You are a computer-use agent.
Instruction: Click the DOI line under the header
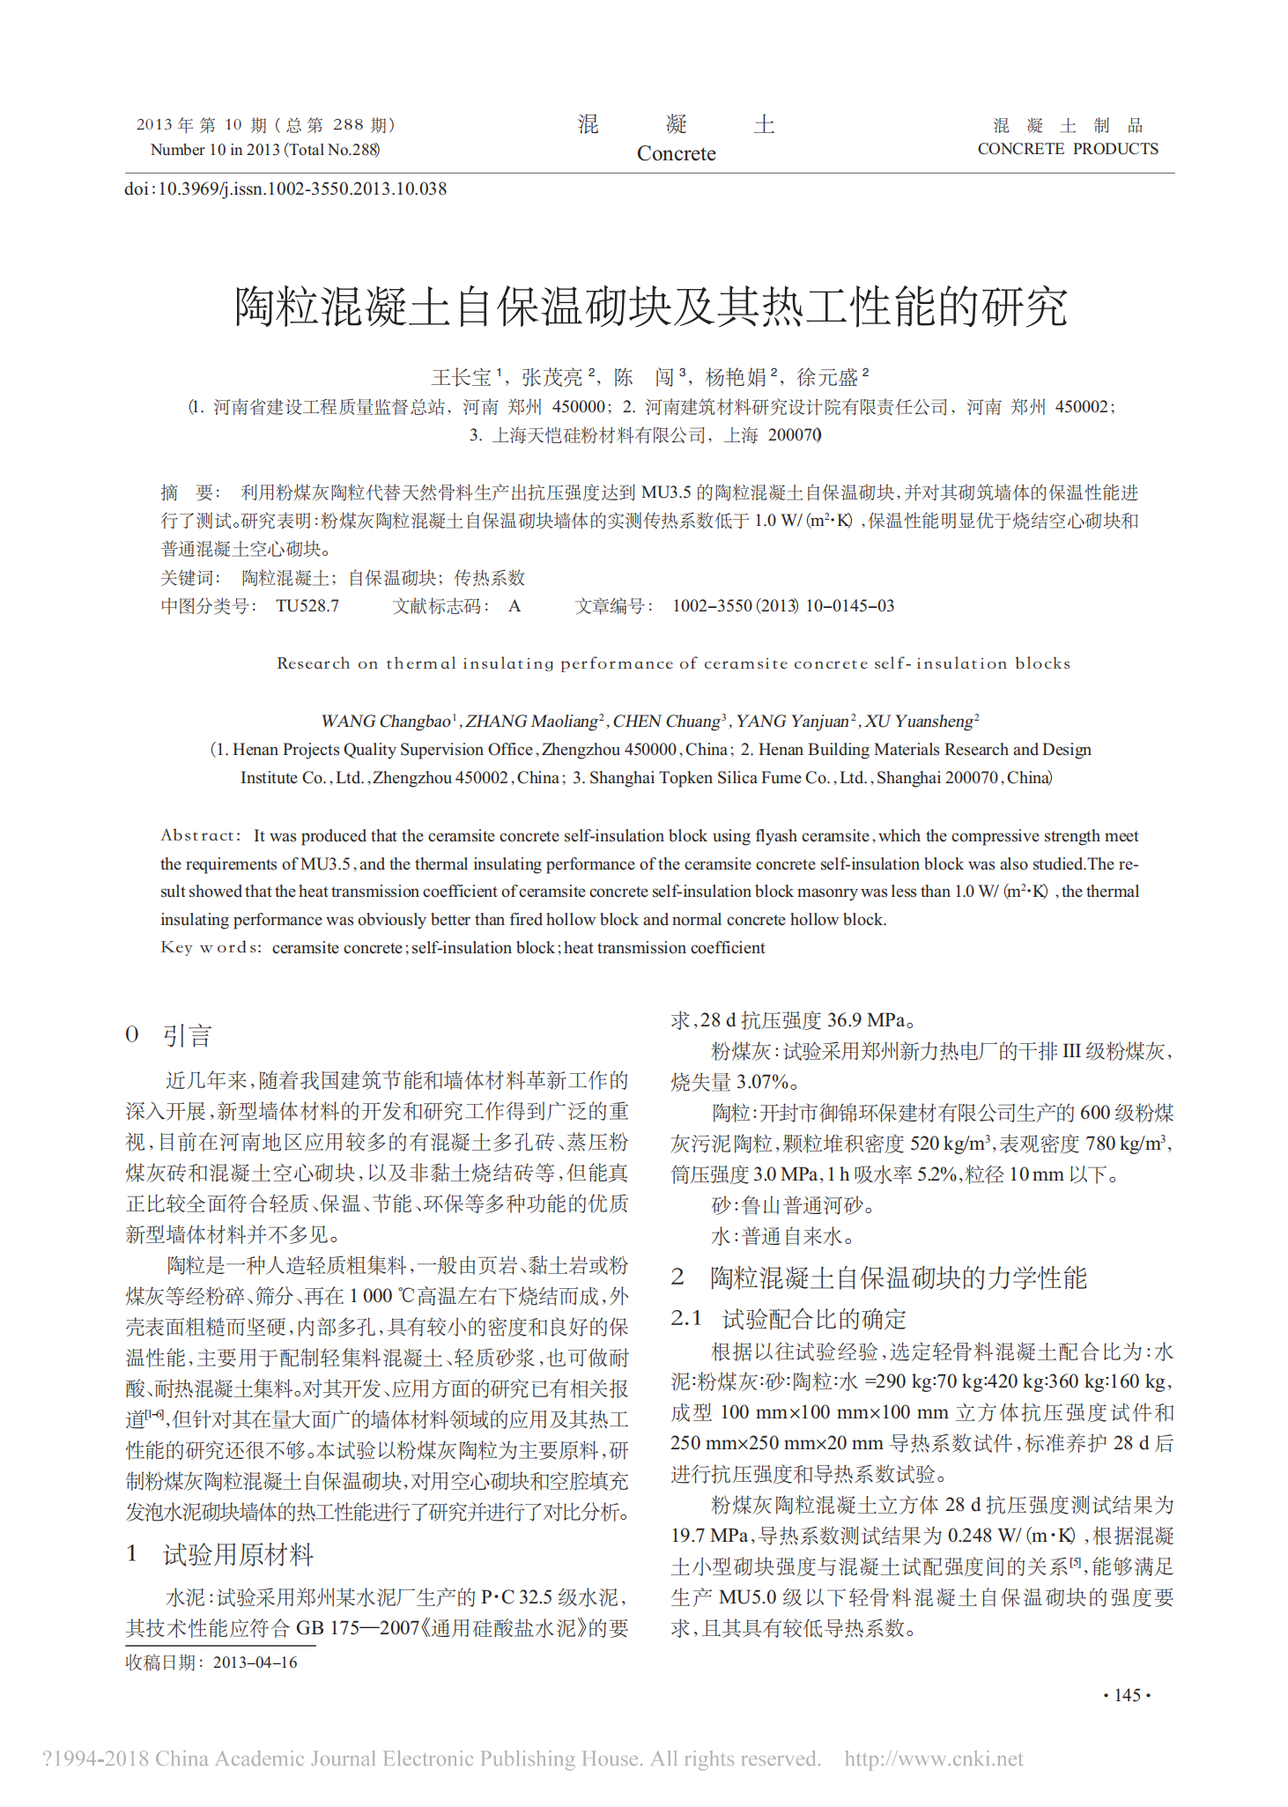pos(285,189)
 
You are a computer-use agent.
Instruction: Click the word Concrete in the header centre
pos(676,153)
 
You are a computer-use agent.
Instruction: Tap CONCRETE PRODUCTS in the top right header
pos(1067,149)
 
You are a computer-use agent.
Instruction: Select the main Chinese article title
pos(650,307)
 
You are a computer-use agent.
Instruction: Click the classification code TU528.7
pos(307,606)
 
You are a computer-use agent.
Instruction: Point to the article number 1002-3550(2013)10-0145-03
pos(782,606)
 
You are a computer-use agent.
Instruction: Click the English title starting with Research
pos(673,663)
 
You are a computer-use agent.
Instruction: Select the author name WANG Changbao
pos(386,722)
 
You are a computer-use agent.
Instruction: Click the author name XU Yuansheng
pos(920,722)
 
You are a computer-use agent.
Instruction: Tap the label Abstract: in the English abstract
pos(200,835)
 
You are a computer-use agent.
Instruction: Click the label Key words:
pos(211,948)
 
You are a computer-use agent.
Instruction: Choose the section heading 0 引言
pos(168,1035)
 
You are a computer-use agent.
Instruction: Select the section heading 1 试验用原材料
pos(219,1554)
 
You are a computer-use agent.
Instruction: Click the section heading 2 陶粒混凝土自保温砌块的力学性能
pos(878,1277)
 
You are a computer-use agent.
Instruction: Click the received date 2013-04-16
pos(255,1663)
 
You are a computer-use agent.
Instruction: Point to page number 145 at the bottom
pos(1127,1695)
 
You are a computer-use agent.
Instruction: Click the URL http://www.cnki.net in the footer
pos(933,1759)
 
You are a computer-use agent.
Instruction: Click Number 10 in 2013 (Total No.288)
pos(264,150)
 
